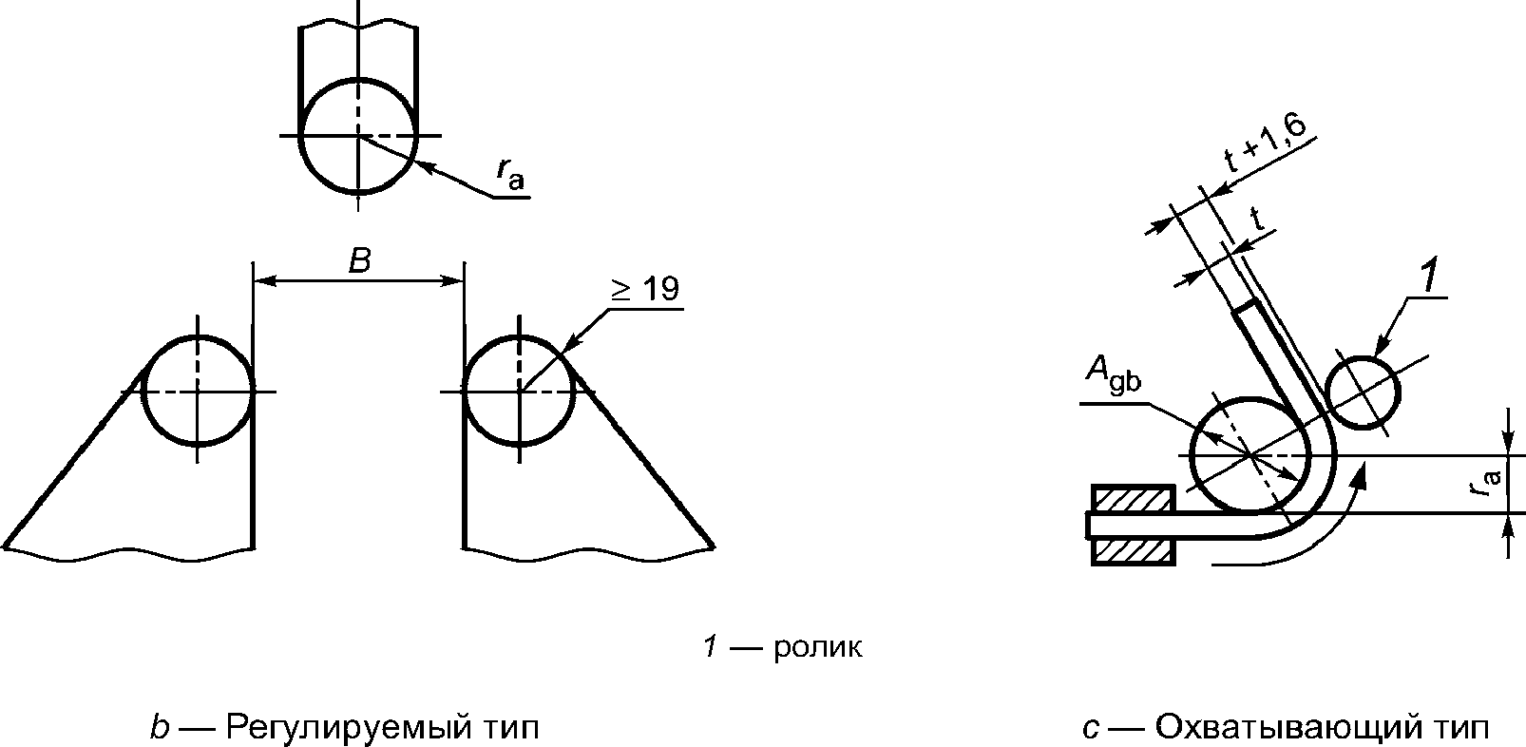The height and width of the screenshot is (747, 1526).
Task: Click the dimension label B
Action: pos(360,260)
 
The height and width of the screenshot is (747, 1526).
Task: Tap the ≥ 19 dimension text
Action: pos(645,289)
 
